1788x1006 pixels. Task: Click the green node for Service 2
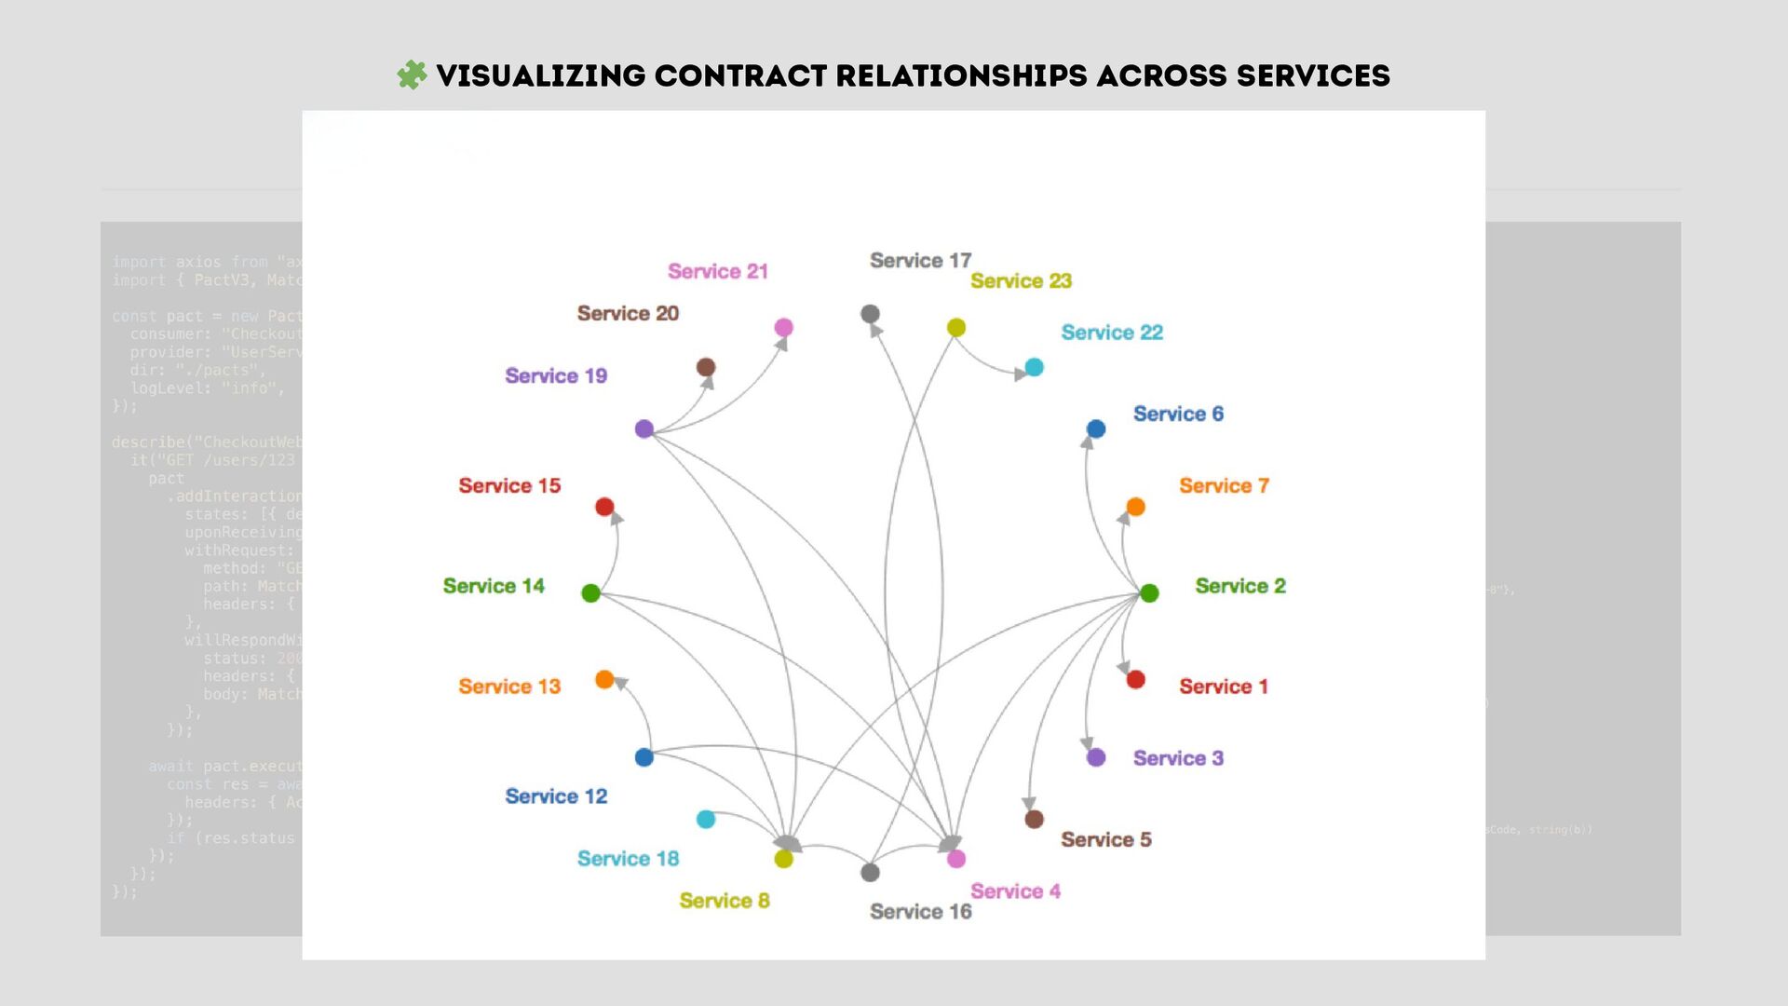[x=1149, y=593]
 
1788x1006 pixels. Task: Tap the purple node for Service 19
[x=644, y=429]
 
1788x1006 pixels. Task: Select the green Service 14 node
[x=590, y=593]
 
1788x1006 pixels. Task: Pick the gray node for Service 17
[x=870, y=314]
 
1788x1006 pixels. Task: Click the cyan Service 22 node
[x=1034, y=367]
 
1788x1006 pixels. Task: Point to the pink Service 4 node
[x=956, y=859]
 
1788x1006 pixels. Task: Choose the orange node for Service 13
[x=604, y=680]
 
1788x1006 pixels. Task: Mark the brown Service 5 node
[x=1034, y=820]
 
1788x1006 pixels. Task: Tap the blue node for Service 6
[x=1096, y=429]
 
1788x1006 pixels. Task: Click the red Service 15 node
[x=604, y=507]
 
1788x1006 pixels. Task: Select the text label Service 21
[x=717, y=271]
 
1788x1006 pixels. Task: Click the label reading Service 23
[x=1021, y=281]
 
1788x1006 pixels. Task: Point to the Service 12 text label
[x=556, y=796]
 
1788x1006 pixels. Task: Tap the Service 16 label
[x=920, y=912]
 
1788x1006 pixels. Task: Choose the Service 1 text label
[x=1224, y=687]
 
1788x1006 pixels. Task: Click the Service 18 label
[x=628, y=859]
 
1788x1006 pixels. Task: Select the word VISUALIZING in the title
[x=540, y=75]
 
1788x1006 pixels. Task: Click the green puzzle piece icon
[x=412, y=75]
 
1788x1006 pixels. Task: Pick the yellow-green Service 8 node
[x=784, y=859]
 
